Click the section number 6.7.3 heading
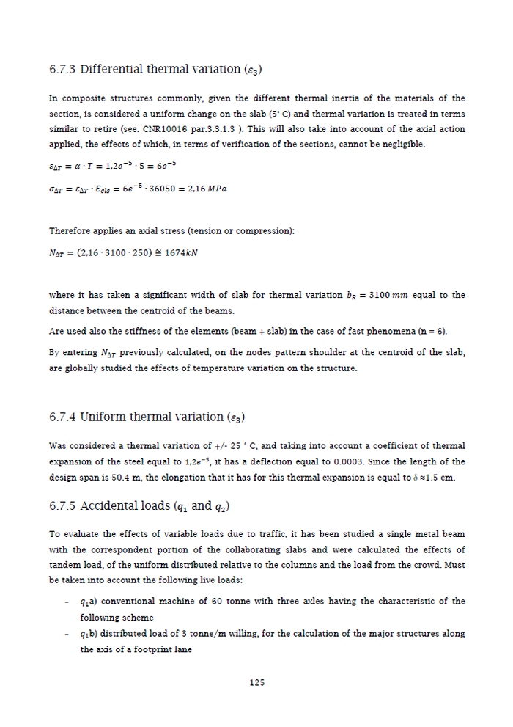(x=62, y=70)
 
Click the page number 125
(x=256, y=682)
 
